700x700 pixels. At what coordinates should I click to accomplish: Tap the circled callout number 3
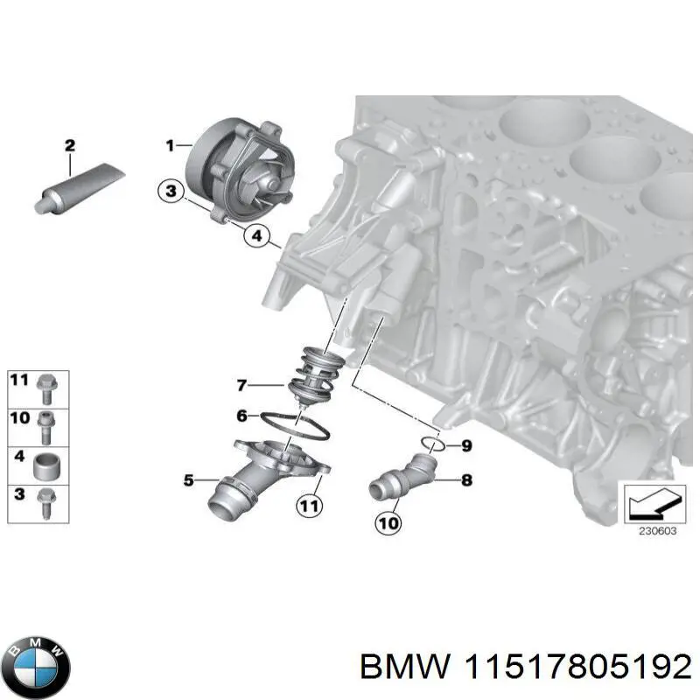171,191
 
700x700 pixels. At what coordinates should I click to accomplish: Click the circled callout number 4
256,235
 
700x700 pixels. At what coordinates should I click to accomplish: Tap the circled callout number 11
307,505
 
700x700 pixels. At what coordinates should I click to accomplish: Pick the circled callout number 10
388,523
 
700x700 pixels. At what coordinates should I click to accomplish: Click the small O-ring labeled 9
427,444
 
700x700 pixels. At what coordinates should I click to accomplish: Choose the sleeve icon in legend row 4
45,464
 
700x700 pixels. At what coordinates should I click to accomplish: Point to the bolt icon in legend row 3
45,502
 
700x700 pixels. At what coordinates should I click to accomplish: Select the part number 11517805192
570,668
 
